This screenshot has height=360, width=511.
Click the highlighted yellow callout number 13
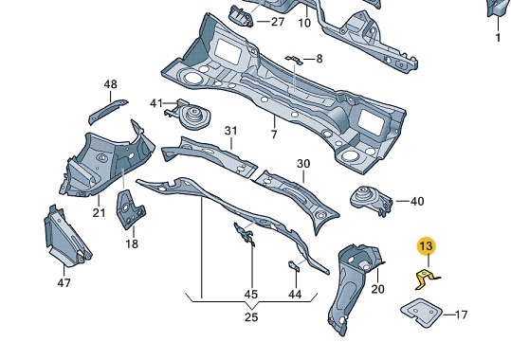coord(427,246)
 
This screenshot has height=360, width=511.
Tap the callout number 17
coord(461,315)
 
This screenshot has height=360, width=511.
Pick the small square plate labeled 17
coord(421,312)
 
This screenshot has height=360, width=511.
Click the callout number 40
coord(417,202)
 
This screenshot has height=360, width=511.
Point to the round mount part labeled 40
coord(371,200)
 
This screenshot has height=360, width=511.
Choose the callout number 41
coord(156,103)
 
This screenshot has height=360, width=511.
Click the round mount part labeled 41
coord(188,114)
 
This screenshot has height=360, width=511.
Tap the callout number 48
coord(111,84)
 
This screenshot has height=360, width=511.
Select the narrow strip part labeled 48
coord(107,111)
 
